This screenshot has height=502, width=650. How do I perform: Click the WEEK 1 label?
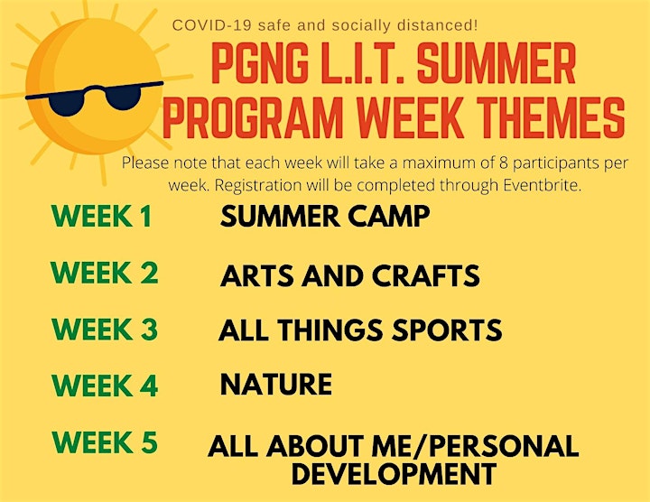pos(101,216)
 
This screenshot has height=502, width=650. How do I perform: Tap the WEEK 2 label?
pos(104,273)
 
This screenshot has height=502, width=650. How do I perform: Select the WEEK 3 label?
pos(105,330)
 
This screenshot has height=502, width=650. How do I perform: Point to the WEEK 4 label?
pos(105,386)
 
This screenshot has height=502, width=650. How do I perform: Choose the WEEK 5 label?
pos(105,442)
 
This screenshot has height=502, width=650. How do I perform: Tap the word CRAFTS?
pos(426,275)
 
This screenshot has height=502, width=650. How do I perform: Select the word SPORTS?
pos(447,330)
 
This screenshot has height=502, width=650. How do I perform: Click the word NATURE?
pos(276,384)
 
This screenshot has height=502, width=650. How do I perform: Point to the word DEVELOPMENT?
pos(395,473)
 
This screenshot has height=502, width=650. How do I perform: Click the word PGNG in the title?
pos(260,63)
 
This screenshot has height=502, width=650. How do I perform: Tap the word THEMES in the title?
pos(551,117)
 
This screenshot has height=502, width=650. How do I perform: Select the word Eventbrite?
pos(542,185)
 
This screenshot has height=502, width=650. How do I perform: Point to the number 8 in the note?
pos(503,163)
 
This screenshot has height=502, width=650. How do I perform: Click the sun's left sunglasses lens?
pos(66,104)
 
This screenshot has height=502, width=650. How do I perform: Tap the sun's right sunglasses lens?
pos(123,97)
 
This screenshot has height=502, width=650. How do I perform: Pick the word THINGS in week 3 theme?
pos(330,330)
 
